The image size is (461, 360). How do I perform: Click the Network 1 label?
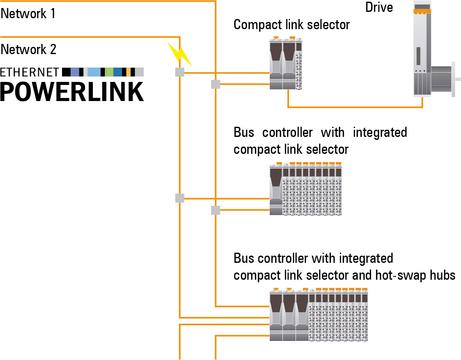click(28, 14)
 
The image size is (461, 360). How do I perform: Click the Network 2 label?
click(29, 49)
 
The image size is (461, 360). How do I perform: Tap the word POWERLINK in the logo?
click(72, 90)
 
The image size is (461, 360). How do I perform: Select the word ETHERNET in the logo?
click(30, 72)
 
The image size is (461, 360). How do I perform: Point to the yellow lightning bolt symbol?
click(180, 54)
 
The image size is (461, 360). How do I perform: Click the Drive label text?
click(379, 7)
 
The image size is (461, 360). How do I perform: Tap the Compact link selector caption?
click(292, 25)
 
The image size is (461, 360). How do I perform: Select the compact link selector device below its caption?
click(286, 63)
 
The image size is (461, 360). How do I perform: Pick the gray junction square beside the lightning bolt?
click(180, 72)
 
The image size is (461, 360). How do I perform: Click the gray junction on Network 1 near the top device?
click(216, 85)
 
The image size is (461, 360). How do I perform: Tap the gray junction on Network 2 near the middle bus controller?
click(180, 198)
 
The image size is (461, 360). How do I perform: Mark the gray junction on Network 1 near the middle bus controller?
click(216, 210)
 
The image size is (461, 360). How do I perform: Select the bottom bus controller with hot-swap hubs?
click(319, 315)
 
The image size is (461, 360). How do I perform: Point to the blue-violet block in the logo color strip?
click(75, 72)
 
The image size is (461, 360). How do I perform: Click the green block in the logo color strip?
click(109, 72)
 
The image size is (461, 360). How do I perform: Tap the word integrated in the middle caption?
click(380, 132)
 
